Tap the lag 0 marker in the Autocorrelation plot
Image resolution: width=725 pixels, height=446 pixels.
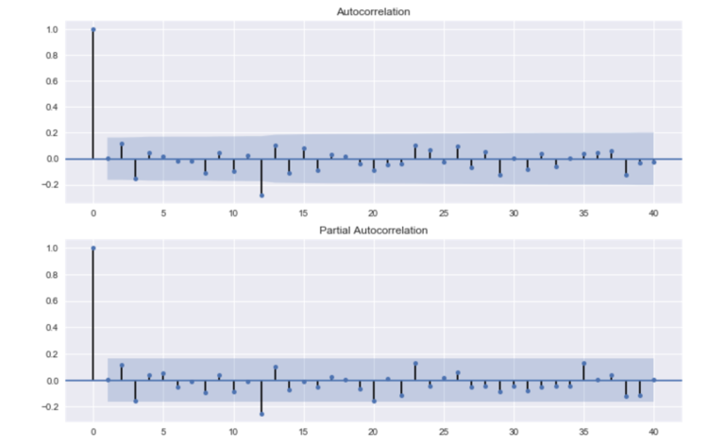pos(93,29)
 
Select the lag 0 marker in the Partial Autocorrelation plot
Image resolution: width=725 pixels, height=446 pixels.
pos(93,249)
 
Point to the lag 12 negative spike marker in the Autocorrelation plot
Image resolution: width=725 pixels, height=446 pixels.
pos(261,195)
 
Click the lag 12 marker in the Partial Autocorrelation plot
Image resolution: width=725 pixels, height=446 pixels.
pos(261,414)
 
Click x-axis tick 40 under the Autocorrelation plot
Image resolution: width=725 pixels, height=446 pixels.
pos(653,213)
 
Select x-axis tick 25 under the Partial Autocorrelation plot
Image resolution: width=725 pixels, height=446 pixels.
pos(444,432)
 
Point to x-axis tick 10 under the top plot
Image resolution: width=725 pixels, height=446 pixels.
pos(233,213)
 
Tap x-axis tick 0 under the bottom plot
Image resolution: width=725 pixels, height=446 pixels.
pos(93,432)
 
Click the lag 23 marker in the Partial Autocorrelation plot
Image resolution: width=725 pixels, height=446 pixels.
pos(415,363)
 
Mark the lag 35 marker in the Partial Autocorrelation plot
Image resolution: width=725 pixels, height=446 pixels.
pos(583,363)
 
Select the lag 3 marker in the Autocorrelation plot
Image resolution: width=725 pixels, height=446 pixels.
pos(135,178)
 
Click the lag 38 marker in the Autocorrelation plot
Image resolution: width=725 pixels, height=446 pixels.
pos(626,175)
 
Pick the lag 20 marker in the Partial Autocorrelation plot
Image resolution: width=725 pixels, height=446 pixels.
pos(374,401)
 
